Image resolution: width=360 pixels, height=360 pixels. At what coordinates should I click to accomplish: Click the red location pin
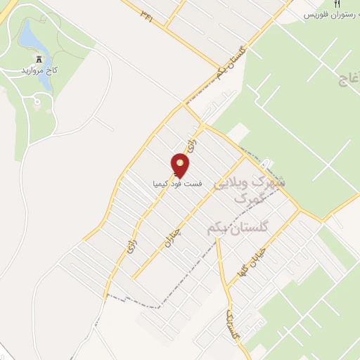pyautogui.click(x=181, y=166)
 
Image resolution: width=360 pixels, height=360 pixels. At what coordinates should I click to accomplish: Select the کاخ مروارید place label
pyautogui.click(x=37, y=72)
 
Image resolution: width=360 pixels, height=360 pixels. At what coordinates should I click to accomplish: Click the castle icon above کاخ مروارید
pyautogui.click(x=38, y=60)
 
